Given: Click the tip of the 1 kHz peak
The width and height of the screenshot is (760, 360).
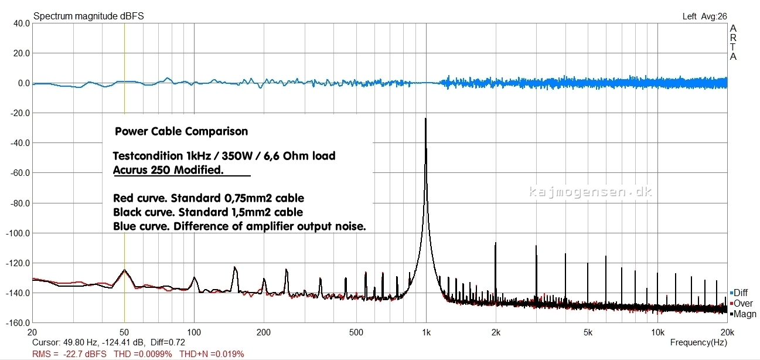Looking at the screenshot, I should tap(425, 119).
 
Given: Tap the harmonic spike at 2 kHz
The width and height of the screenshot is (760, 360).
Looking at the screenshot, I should tap(496, 244).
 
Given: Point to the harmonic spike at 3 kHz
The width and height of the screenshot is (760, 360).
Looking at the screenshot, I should tap(536, 247).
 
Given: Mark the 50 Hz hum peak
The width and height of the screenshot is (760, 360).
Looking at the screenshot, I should tap(124, 270).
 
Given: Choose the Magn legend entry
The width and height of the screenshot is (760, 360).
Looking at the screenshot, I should tap(744, 314).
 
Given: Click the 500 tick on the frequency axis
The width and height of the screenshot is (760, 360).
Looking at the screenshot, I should tap(356, 332).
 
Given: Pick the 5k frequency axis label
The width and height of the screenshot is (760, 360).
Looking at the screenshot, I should tap(588, 332).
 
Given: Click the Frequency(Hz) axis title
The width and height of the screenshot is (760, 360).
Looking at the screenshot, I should tap(698, 342).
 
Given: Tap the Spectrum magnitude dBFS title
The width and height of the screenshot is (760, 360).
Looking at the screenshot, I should tap(88, 16).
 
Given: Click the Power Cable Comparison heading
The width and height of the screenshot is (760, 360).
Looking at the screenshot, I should tap(181, 131).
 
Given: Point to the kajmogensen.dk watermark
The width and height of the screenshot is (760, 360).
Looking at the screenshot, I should tap(591, 192).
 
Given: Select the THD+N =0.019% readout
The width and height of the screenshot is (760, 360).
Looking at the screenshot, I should tap(211, 354).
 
